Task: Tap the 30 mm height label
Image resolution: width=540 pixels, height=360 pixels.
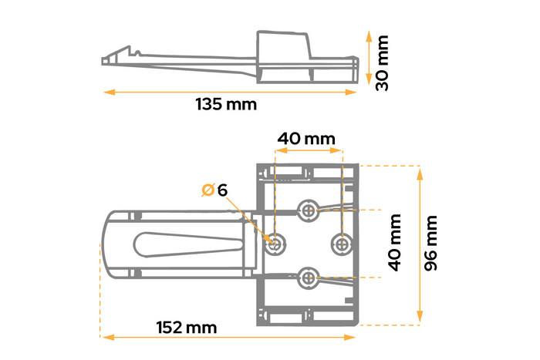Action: pos(382,62)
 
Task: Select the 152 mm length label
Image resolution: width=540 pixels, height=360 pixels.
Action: pos(185,328)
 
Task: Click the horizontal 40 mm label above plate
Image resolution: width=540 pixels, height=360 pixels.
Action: pos(307,139)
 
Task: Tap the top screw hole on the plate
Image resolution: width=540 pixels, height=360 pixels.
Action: pos(309,210)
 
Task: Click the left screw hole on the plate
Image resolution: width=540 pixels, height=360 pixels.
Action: pos(275,243)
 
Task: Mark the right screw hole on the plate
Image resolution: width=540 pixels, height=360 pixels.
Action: pos(341,243)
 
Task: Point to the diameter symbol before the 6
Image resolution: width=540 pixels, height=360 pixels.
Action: pos(208,190)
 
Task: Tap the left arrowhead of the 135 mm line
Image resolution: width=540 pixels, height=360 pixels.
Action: pos(106,93)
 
